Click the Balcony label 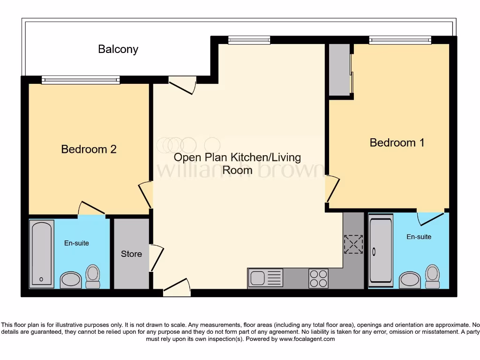coord(118,49)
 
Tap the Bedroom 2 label coord(89,150)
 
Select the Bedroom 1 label coord(397,142)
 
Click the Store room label coord(131,254)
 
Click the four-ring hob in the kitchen coord(318,278)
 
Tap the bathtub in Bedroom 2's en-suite coord(41,254)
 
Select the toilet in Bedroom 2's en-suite coord(93,277)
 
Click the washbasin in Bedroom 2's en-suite coord(71,280)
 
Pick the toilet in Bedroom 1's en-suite coord(432,276)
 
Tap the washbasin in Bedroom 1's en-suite coord(410,280)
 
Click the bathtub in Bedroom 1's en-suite coord(380,251)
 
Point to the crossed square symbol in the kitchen coord(353,244)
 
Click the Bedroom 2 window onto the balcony coord(81,80)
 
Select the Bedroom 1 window coord(400,40)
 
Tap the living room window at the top coord(249,40)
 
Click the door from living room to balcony coord(182,85)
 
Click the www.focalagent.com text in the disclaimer coord(307,339)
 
